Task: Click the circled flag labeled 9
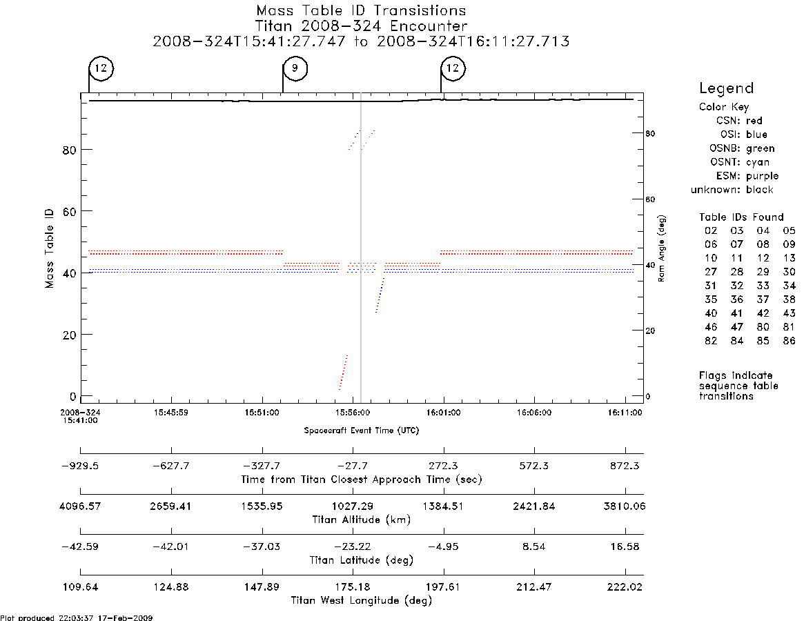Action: coord(295,68)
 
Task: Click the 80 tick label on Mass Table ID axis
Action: coord(69,150)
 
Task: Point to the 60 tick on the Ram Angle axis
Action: coord(650,199)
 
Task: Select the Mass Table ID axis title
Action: coord(49,248)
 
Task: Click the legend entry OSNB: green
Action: coord(742,148)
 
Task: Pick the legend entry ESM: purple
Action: coord(747,176)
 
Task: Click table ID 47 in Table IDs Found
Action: coord(737,327)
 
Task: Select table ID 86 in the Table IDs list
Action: coord(789,341)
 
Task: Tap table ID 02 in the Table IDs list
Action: coord(711,230)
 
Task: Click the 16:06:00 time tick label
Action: coord(533,413)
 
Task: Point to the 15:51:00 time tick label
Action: coord(262,413)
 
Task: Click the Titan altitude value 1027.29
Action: coord(353,506)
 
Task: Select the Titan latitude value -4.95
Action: coord(443,546)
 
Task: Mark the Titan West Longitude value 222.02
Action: coord(625,587)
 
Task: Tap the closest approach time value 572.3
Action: coord(533,466)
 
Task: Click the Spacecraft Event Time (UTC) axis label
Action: coord(362,431)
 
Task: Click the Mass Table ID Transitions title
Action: coord(362,10)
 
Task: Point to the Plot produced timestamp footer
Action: coord(77,618)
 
